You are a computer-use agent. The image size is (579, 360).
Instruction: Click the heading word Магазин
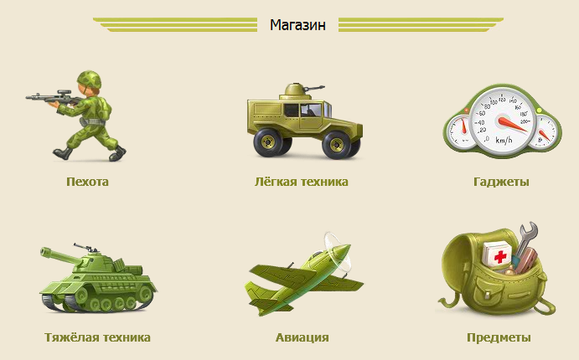click(x=297, y=25)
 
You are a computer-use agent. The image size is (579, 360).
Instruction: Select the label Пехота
click(x=87, y=182)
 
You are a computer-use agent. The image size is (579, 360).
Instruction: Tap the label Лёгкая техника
click(x=302, y=182)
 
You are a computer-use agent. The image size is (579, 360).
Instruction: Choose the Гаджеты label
click(x=501, y=182)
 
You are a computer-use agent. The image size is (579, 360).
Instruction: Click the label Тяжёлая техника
click(x=97, y=337)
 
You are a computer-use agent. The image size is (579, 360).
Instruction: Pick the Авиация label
click(x=302, y=337)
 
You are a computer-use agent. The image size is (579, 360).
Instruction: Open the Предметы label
click(x=499, y=337)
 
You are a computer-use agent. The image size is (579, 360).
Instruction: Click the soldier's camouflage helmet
click(x=89, y=80)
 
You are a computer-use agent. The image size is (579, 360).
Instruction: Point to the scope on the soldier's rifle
click(x=64, y=91)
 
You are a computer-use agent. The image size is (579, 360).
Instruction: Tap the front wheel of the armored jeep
click(x=337, y=144)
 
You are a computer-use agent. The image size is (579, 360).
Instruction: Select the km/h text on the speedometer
click(x=504, y=140)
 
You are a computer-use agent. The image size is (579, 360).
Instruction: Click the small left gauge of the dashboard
click(x=461, y=131)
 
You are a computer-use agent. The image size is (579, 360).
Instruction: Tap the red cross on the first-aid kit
click(x=500, y=256)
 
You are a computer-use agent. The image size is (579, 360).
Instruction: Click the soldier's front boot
click(x=62, y=153)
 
